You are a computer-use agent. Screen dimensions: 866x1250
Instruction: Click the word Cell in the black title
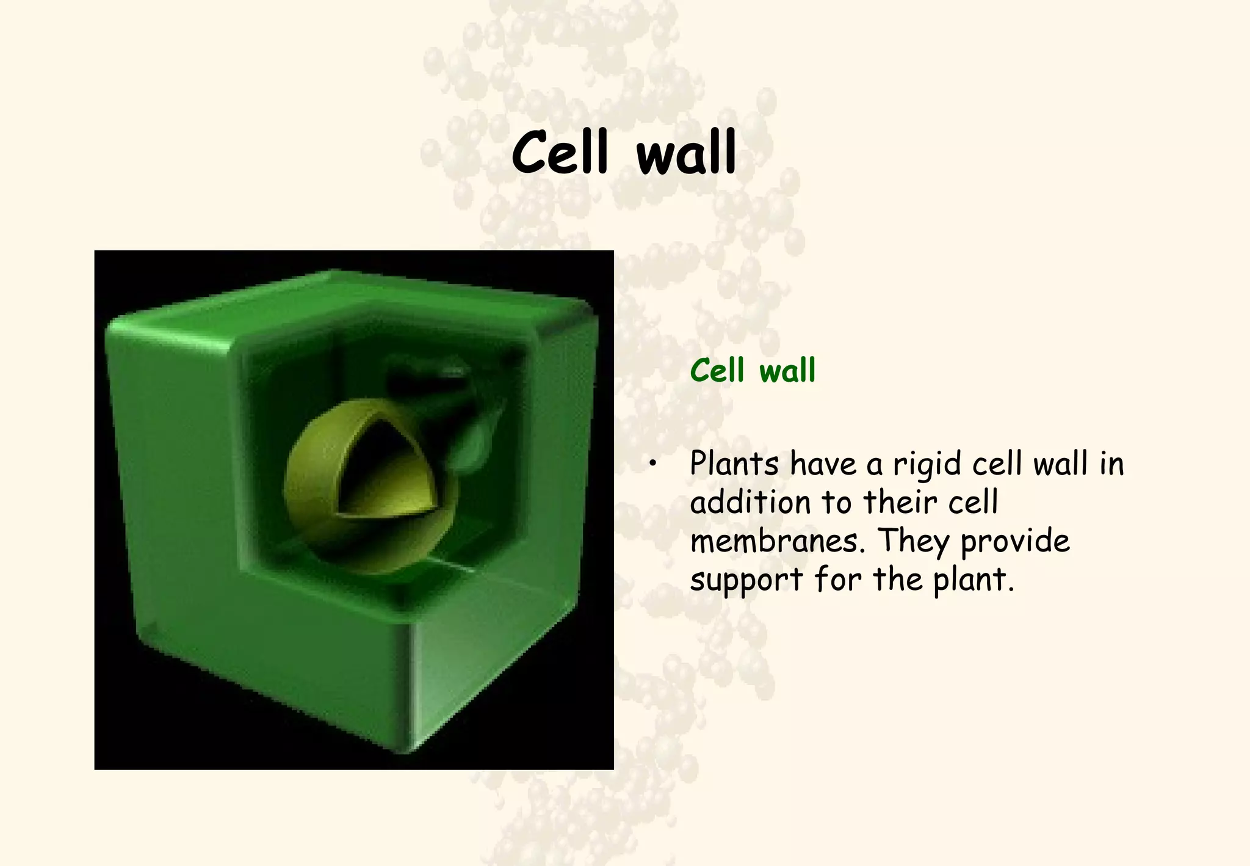[x=560, y=153]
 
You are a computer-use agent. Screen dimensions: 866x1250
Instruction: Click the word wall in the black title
[x=685, y=153]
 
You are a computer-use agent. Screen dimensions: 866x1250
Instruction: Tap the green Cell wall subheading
[x=753, y=371]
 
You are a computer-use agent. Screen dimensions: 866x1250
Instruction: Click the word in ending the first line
[x=1111, y=464]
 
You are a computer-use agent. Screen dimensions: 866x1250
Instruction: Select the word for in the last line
[x=837, y=578]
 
